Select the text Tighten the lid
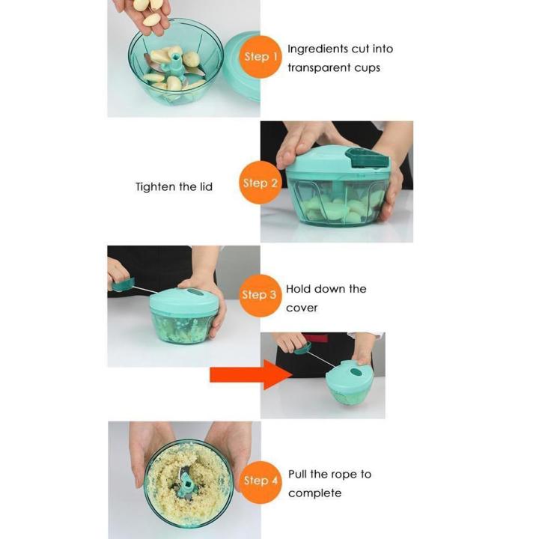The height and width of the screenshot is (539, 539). click(174, 186)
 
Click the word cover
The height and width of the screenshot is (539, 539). click(302, 308)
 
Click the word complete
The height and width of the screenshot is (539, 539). click(314, 493)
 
